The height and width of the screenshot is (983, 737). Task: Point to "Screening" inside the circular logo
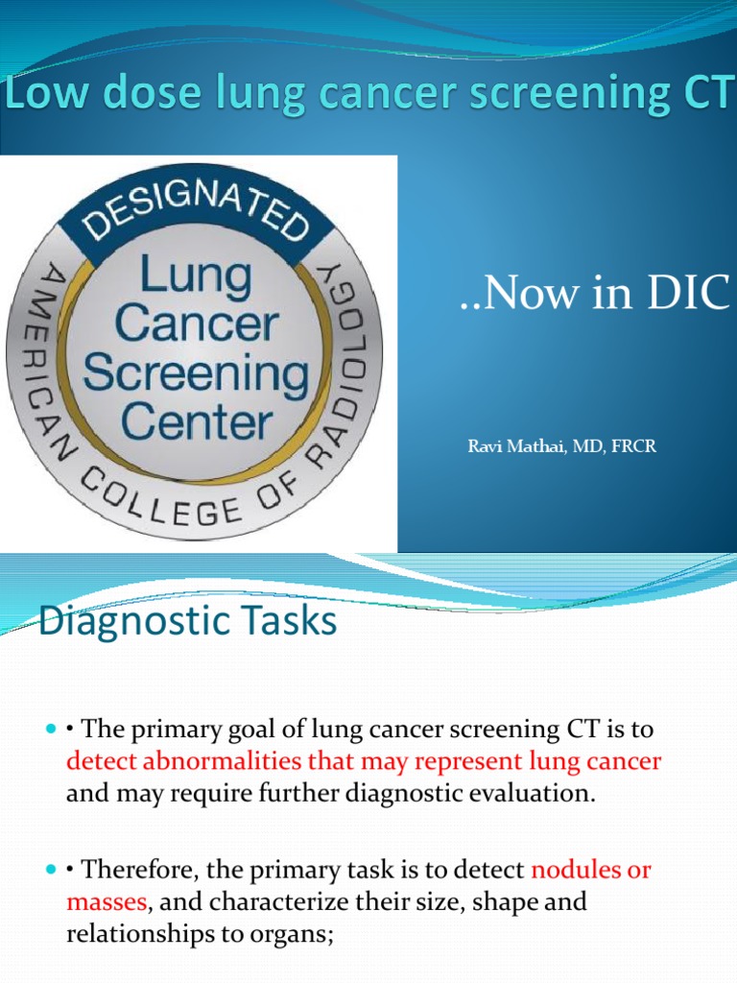(196, 372)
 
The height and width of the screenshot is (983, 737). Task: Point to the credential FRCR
(634, 446)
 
